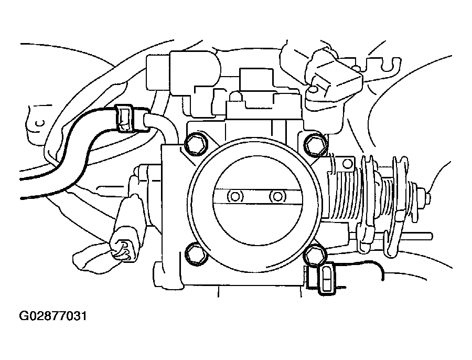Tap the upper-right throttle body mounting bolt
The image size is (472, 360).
[315, 143]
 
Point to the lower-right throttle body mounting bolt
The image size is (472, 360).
[315, 255]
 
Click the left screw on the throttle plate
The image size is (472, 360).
[234, 197]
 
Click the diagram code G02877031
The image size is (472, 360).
[52, 316]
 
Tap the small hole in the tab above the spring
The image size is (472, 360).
[347, 164]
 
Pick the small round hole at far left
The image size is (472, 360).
[38, 124]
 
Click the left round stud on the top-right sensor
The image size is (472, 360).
[313, 90]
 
